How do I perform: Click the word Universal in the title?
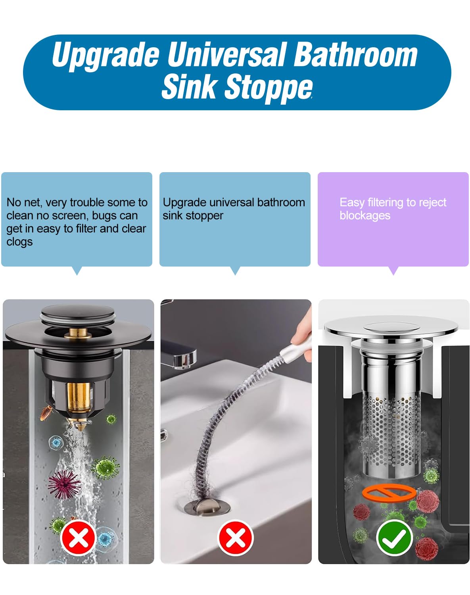[x=226, y=55]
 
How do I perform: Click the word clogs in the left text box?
[x=19, y=242]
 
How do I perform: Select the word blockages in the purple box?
[x=365, y=215]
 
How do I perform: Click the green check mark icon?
[x=394, y=538]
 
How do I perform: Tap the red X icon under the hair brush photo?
[x=236, y=538]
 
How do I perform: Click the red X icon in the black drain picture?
[x=78, y=538]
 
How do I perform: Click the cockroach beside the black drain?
[x=46, y=413]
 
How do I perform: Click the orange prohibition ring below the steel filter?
[x=389, y=493]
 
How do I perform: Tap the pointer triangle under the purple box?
[x=393, y=271]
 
